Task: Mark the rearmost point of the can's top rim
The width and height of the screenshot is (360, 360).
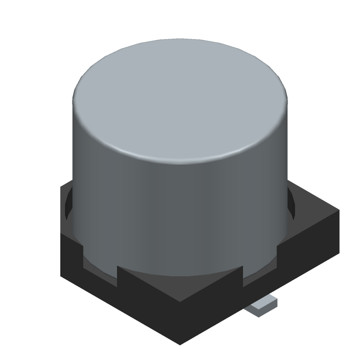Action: pos(180,39)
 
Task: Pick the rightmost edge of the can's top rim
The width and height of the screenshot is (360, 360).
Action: pos(287,101)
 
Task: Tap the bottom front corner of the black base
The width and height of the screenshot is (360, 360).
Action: pos(180,344)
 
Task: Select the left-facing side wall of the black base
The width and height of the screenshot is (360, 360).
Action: pos(112,292)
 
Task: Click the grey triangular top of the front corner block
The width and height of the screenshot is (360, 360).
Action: pos(180,288)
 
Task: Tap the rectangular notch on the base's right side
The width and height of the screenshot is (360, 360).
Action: pos(261,265)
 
